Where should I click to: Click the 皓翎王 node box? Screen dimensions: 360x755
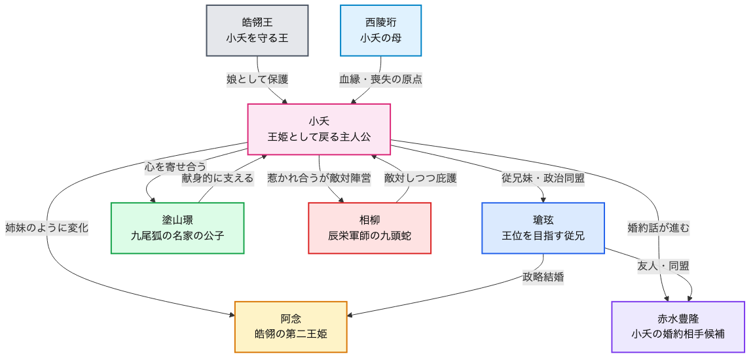point(257,31)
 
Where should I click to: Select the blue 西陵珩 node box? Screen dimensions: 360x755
point(380,31)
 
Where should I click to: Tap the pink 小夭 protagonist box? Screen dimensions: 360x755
point(319,129)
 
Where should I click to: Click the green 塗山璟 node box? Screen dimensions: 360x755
point(177,228)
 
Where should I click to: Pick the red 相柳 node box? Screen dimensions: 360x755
point(369,228)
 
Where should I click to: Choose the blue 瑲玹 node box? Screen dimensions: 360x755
point(543,228)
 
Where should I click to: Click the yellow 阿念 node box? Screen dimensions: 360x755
point(291,327)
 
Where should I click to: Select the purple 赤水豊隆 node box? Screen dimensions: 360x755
point(678,327)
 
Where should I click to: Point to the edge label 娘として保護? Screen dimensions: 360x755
point(257,79)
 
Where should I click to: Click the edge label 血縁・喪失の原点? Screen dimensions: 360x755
point(380,79)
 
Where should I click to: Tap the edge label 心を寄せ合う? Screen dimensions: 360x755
point(175,166)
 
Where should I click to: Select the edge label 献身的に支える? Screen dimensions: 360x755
point(217,178)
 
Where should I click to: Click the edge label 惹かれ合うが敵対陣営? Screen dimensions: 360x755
point(319,178)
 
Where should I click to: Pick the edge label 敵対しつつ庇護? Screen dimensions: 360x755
point(420,178)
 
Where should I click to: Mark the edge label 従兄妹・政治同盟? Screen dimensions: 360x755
point(543,178)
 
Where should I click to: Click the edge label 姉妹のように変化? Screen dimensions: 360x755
point(46,228)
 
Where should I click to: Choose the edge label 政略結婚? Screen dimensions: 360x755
point(543,277)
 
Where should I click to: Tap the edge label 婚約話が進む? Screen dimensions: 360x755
point(658,228)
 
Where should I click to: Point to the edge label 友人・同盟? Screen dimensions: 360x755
point(663,266)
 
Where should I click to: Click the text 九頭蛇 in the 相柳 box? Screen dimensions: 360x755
point(395,235)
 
